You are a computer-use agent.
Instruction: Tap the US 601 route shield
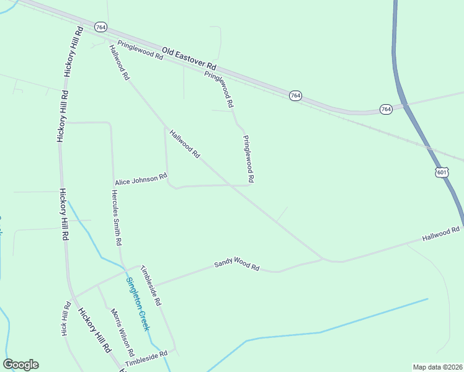point(441,172)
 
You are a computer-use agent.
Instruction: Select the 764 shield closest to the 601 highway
point(386,109)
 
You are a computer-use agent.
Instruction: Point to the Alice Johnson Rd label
point(141,179)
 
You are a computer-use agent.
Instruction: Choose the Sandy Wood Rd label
point(236,265)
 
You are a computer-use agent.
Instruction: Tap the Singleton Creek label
point(138,303)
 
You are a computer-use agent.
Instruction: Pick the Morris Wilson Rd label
point(120,328)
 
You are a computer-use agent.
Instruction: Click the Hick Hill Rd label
point(66,319)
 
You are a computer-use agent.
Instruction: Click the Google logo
point(20,365)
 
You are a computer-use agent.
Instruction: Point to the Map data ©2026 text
point(437,367)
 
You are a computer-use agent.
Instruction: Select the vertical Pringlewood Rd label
point(248,159)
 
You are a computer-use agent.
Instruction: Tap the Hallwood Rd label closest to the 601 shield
point(441,234)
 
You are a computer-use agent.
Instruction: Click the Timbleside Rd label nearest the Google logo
point(146,358)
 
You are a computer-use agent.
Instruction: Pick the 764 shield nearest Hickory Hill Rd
point(100,27)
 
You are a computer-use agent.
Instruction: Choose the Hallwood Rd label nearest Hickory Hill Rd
point(118,62)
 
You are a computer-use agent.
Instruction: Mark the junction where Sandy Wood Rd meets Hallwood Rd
point(323,259)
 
